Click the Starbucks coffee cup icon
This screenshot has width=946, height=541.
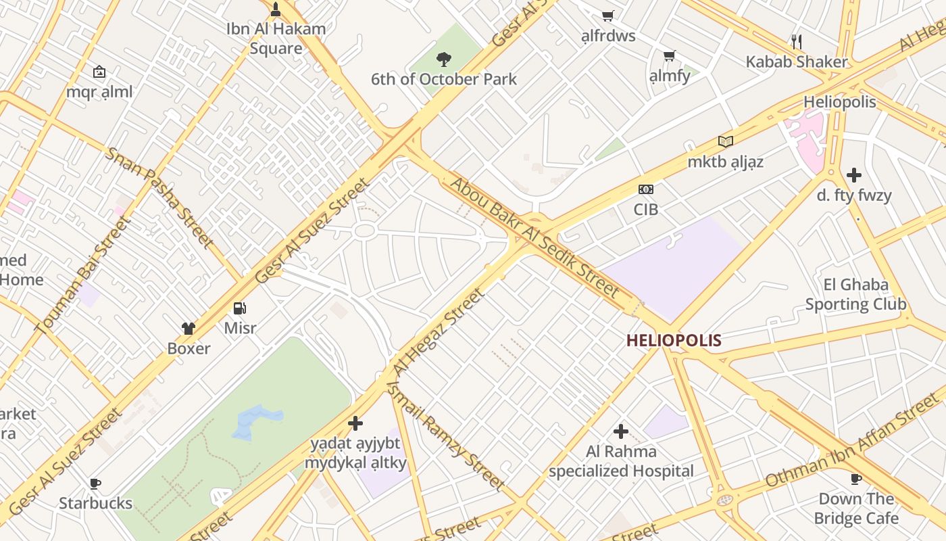pos(95,484)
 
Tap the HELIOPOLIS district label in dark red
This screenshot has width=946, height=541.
pos(674,340)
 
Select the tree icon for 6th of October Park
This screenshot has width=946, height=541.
pos(443,60)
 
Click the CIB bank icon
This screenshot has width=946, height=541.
pos(646,189)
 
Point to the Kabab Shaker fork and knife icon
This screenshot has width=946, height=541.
pos(797,42)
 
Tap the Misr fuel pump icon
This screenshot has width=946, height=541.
pos(240,308)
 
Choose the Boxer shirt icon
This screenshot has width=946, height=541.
pos(189,329)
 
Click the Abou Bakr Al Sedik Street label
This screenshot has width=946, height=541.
pos(534,237)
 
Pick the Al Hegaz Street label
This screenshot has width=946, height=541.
pos(439,333)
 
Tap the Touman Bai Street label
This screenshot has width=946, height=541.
pos(82,275)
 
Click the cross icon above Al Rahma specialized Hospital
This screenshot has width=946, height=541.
pos(620,431)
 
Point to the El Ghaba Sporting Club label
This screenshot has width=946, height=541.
pos(855,294)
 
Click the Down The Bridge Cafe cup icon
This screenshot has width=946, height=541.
pos(855,479)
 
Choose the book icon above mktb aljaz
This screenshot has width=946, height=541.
pos(726,141)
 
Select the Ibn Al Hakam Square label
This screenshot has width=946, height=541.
pos(276,39)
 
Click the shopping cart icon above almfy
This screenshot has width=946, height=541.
pos(669,55)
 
